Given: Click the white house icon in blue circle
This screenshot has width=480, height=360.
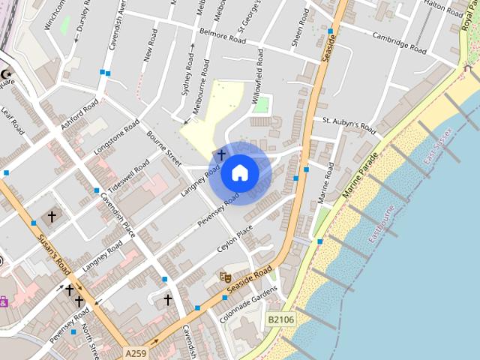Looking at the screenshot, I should [240, 173].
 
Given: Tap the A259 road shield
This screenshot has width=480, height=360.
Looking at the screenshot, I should [136, 352].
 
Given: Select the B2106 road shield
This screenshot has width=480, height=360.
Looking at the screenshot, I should [280, 319].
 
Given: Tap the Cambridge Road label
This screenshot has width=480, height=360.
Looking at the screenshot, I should [399, 42].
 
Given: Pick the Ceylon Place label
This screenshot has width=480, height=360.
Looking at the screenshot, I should [235, 241].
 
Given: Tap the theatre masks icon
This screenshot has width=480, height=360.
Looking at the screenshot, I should [224, 277].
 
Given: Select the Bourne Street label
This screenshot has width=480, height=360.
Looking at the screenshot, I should [164, 148].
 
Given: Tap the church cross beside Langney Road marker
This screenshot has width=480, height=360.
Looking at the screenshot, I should [221, 154].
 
